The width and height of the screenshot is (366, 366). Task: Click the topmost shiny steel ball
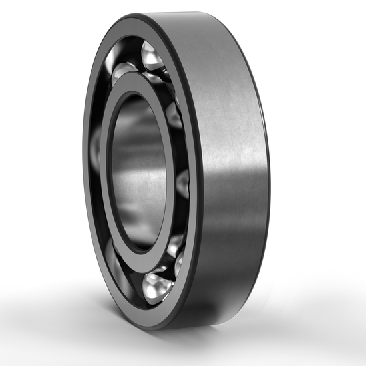pos(152,57)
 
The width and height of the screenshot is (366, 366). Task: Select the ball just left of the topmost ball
pos(122,69)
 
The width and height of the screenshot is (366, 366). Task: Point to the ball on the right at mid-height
pos(182,182)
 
